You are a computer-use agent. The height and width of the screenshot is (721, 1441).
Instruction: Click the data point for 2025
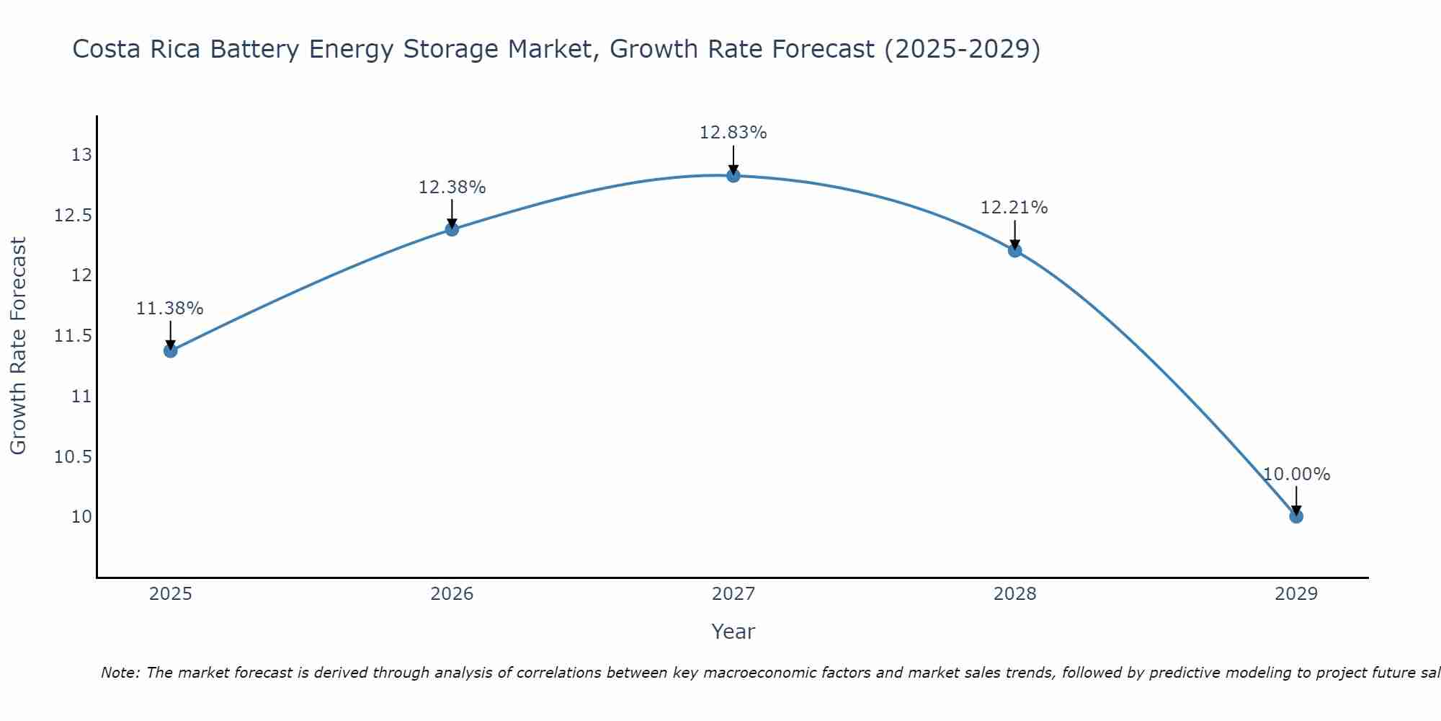(x=171, y=350)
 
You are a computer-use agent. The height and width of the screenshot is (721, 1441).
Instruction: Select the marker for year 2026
(x=452, y=229)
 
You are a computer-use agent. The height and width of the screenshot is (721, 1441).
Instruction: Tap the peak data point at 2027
(x=733, y=175)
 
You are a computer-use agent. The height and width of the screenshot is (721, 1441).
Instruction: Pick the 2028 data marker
(x=1014, y=250)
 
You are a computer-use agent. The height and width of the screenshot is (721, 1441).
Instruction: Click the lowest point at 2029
(x=1296, y=516)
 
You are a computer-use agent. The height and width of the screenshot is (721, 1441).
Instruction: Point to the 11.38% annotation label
(x=170, y=309)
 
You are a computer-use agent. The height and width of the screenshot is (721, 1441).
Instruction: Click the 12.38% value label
(x=452, y=187)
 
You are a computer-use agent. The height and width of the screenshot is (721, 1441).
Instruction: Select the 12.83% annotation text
(x=733, y=133)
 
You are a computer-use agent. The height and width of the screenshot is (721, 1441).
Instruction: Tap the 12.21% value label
(x=1014, y=208)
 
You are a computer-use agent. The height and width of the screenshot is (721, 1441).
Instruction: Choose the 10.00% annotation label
(x=1296, y=474)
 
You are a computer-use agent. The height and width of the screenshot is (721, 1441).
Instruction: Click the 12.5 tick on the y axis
(x=73, y=216)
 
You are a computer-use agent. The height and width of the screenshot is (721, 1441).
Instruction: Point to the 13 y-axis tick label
(x=81, y=155)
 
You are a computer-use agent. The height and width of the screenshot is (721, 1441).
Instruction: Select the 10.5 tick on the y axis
(x=73, y=456)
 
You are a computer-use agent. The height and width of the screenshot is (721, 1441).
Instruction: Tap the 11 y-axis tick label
(x=81, y=397)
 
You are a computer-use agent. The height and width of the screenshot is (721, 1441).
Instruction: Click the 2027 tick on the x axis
(x=733, y=594)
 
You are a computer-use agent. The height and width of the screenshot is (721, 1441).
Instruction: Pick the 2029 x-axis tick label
(x=1296, y=594)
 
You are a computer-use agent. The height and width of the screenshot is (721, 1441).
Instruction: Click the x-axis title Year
(x=733, y=632)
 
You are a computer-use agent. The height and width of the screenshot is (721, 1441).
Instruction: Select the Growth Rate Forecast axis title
(x=18, y=345)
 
